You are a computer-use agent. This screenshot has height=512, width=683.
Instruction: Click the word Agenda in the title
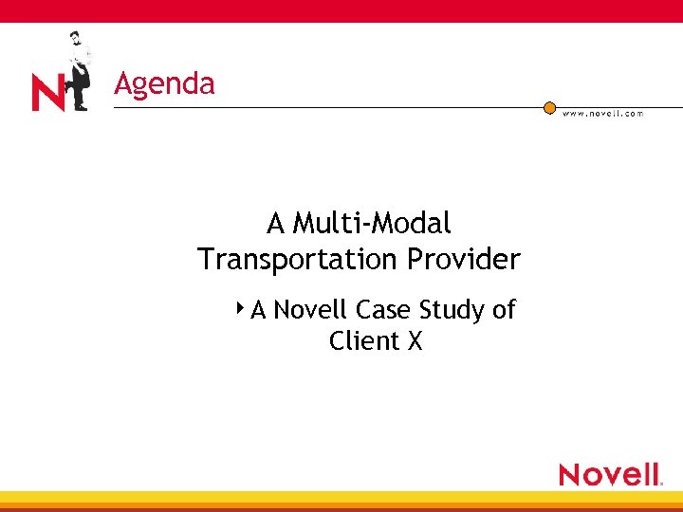(x=164, y=84)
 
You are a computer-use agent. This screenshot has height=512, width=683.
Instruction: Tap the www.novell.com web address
(x=602, y=113)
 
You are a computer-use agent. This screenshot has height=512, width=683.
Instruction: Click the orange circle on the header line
(x=549, y=108)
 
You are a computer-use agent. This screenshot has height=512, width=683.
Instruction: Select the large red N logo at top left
(x=48, y=94)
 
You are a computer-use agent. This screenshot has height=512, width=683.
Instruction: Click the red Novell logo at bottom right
(x=609, y=473)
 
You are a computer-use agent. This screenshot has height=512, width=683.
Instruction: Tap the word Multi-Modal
(x=372, y=224)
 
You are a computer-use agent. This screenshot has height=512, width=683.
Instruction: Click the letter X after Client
(x=414, y=341)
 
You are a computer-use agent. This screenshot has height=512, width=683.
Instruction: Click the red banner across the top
(x=341, y=10)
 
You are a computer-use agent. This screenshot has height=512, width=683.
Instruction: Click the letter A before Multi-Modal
(x=276, y=224)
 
